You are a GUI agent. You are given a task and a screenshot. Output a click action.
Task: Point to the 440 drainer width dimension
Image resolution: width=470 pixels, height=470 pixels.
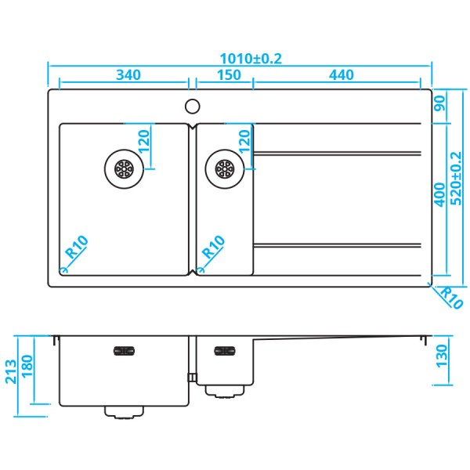point(342,75)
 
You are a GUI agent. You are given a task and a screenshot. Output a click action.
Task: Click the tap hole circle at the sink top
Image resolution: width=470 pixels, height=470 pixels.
point(192,105)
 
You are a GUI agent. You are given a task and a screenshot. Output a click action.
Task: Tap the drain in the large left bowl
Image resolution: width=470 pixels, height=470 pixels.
point(124,167)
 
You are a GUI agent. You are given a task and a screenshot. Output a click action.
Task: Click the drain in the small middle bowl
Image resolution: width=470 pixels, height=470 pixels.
point(224,167)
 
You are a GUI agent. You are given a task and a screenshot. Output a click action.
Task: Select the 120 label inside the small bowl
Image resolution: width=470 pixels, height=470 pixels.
point(244,142)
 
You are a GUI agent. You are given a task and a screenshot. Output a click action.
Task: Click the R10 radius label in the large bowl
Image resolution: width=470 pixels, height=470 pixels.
point(77,248)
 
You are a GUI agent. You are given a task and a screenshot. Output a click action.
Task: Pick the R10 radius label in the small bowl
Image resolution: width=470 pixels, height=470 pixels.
point(213,248)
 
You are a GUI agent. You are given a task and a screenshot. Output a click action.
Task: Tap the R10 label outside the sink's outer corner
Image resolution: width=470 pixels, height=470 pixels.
point(450,298)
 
